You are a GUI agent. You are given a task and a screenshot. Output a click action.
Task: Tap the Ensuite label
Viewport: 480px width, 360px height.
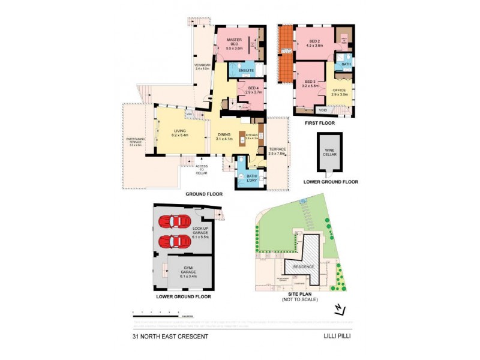tap(246, 71)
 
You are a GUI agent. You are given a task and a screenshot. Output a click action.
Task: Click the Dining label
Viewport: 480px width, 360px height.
tap(223, 137)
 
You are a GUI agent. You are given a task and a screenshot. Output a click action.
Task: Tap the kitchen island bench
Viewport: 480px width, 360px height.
tap(243, 137)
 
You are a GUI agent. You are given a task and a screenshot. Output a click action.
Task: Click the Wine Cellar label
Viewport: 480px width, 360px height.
tap(330, 152)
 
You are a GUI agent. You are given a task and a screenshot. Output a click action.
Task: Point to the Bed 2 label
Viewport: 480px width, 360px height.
tap(315, 41)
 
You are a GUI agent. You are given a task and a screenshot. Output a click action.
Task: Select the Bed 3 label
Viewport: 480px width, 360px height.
tap(310, 83)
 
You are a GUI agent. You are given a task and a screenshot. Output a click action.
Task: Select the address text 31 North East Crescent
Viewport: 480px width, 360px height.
tap(170, 337)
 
